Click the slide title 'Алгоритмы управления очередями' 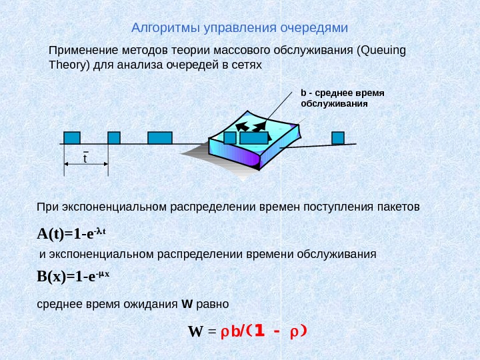point(240,28)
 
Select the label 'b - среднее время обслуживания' point(343,98)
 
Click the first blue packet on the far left point(73,138)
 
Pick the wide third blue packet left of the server point(160,138)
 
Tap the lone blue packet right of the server point(338,138)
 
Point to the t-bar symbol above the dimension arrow point(85,158)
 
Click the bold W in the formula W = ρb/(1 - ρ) point(195,331)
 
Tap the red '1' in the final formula point(259,330)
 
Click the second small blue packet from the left point(114,138)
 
